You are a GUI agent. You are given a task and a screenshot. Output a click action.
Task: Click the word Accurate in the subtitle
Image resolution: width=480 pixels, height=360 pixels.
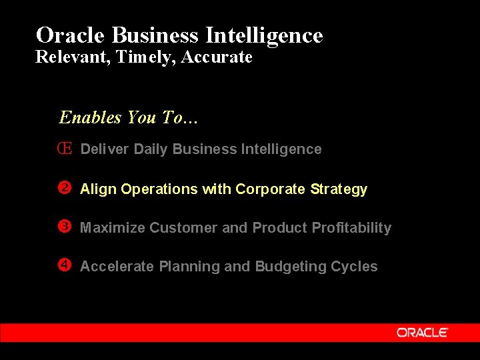(x=217, y=57)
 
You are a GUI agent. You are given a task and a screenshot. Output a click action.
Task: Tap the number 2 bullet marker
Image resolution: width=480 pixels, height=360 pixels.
(x=65, y=188)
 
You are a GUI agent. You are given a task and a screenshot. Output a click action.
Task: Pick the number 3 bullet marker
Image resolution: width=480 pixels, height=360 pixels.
(x=65, y=227)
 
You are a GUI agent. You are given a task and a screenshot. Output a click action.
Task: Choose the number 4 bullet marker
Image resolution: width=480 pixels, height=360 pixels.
(x=65, y=265)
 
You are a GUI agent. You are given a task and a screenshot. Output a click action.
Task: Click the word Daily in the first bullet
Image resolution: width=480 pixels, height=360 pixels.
(x=151, y=149)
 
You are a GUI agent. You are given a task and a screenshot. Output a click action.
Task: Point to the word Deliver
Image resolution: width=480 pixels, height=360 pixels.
(x=105, y=149)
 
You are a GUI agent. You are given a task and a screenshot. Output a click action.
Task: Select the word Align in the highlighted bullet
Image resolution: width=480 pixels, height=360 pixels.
(x=99, y=189)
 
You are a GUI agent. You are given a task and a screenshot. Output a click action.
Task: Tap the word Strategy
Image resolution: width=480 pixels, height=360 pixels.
(x=339, y=189)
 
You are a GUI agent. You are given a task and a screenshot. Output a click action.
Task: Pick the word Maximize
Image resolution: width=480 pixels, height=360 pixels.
(x=113, y=228)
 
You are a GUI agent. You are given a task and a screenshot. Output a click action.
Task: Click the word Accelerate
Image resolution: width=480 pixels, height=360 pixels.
(x=117, y=267)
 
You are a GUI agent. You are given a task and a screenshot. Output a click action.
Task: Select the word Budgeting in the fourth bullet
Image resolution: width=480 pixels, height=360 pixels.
(x=287, y=267)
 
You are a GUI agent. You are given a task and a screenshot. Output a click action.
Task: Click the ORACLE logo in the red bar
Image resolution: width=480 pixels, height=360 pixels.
(x=423, y=332)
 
